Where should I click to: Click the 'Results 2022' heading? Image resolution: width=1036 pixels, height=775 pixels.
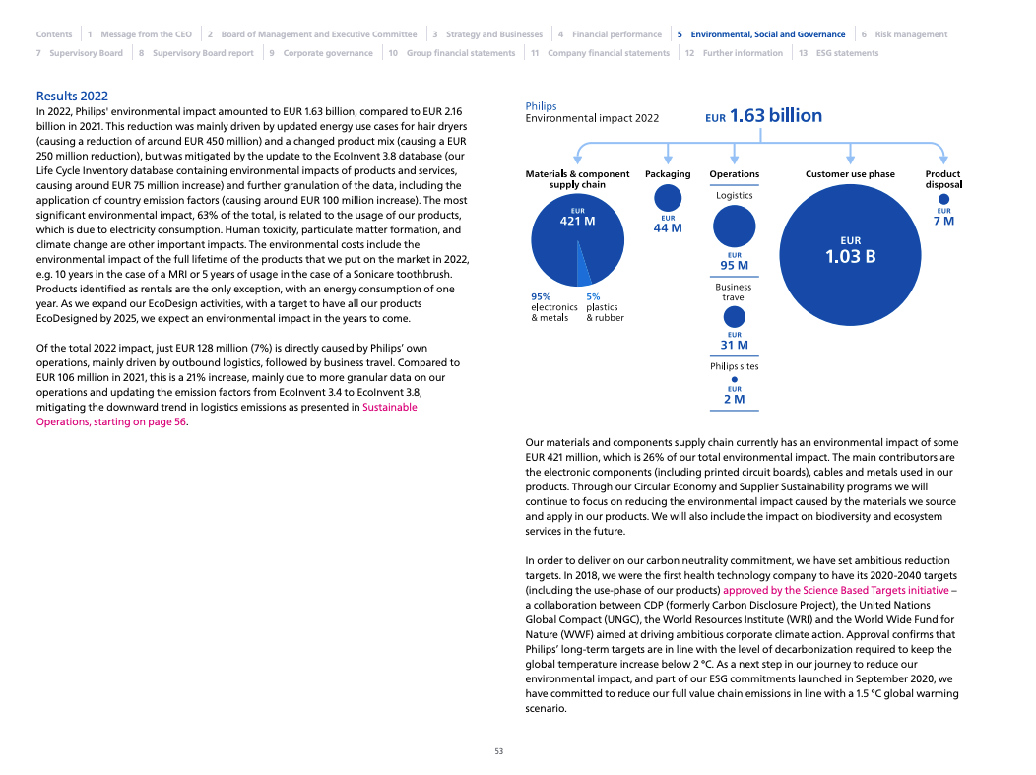tap(72, 96)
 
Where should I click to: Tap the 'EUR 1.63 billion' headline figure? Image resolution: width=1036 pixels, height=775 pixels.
tap(763, 116)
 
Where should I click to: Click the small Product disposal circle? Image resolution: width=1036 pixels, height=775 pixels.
tap(943, 199)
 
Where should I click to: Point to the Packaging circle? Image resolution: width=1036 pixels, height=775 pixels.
tap(668, 198)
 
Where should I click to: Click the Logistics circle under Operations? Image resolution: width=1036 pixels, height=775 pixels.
tap(734, 226)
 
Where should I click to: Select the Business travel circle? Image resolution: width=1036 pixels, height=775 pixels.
tap(734, 317)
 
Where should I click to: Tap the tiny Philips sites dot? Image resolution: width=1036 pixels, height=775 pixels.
tap(734, 379)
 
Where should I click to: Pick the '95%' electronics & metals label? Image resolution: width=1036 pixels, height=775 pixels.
tap(541, 296)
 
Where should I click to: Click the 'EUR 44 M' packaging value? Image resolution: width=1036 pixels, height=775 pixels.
tap(668, 225)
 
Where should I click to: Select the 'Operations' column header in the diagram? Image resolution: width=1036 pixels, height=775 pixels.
tap(734, 174)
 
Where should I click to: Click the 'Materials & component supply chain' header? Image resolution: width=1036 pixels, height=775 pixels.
tap(577, 179)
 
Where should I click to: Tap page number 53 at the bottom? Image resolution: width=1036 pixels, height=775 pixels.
tap(498, 751)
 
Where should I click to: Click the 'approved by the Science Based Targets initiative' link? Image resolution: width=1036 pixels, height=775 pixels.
tap(836, 590)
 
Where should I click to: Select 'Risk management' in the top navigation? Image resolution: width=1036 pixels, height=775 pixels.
tap(911, 34)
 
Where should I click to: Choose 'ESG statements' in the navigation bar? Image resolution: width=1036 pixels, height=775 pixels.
tap(847, 53)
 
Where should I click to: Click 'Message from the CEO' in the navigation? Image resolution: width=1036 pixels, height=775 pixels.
tap(146, 34)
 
